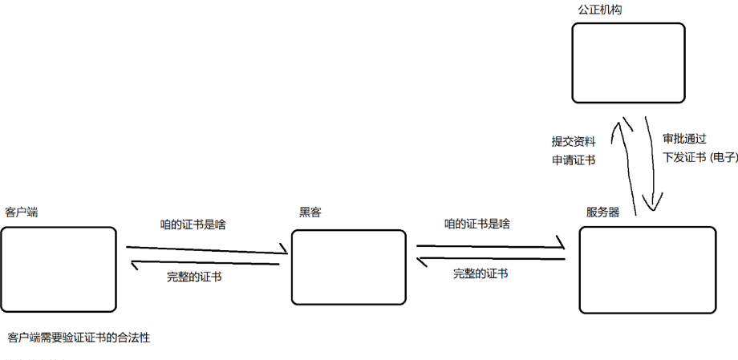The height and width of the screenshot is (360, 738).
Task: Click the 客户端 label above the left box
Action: (22, 212)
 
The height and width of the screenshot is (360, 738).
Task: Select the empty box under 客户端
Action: (59, 269)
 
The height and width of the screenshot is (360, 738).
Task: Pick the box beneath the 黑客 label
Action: (347, 268)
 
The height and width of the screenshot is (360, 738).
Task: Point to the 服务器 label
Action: (602, 212)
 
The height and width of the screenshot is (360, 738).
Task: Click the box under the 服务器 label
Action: (647, 269)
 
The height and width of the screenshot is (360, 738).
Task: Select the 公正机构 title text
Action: (600, 10)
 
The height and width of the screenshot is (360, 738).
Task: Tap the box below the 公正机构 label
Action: (628, 63)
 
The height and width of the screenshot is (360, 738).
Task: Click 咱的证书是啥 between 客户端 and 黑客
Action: (193, 224)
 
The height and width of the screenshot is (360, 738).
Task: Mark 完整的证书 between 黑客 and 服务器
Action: (481, 273)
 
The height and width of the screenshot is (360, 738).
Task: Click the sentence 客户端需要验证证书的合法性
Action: (79, 338)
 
